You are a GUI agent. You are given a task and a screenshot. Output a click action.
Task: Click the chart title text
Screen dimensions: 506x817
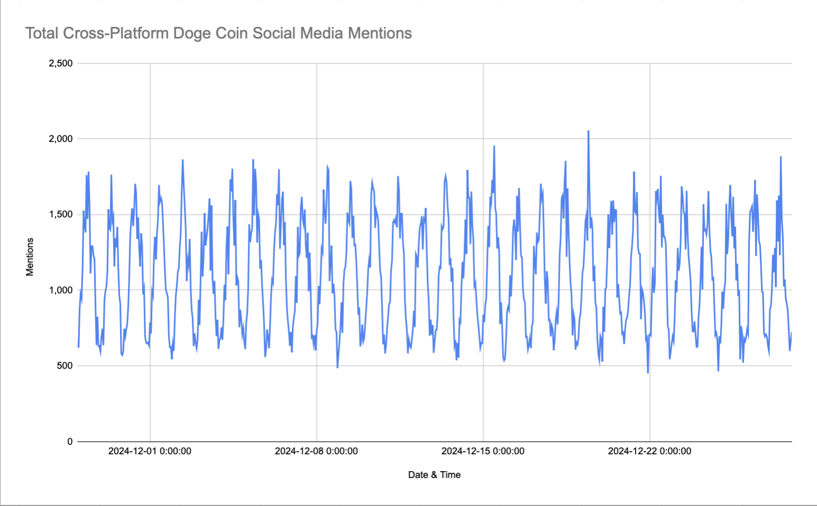218,33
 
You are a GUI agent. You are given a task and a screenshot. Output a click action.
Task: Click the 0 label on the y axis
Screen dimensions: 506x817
70,442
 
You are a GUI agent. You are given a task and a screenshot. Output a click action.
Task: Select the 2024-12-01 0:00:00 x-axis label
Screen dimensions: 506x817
150,451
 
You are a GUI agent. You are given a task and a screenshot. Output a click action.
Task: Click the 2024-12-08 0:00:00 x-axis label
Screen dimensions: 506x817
316,451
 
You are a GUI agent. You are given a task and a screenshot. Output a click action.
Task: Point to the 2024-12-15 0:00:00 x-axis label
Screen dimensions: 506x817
482,451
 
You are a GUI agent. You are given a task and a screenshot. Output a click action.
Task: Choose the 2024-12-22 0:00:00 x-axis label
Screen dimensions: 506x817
649,451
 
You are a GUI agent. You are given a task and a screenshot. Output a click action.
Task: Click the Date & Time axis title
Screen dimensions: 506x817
434,475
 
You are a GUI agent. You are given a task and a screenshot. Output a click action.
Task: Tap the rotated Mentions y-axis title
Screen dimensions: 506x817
30,257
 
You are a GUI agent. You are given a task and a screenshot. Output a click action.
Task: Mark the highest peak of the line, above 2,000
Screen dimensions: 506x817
588,131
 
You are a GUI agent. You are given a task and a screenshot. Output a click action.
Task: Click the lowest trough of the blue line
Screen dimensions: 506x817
648,373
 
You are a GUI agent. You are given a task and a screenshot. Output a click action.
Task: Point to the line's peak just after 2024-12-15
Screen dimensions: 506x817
494,146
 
